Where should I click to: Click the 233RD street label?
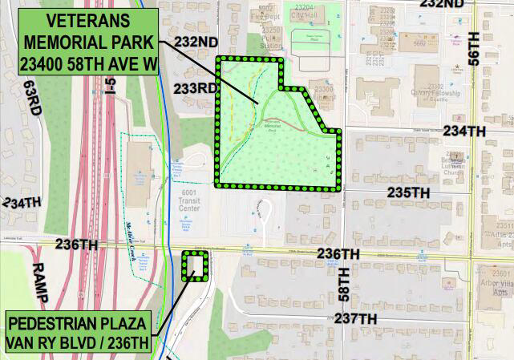point(194,87)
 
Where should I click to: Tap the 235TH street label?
point(409,193)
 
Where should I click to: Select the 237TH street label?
point(355,318)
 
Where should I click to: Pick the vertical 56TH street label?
point(474,50)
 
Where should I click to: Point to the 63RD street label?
point(31,97)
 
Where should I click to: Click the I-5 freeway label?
point(111,84)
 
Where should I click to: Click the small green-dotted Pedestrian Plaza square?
point(194,266)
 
